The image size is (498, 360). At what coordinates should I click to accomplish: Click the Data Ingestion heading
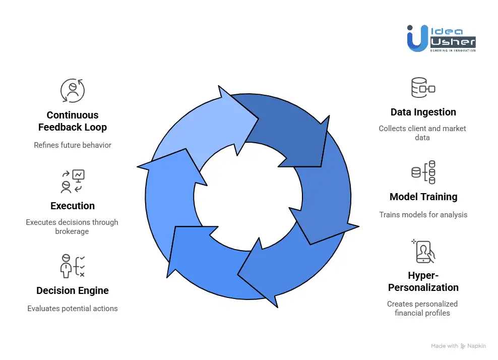[423, 112]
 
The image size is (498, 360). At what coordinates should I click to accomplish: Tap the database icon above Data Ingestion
[423, 88]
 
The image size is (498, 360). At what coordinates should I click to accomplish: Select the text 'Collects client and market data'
[422, 133]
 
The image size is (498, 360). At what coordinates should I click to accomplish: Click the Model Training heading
[423, 197]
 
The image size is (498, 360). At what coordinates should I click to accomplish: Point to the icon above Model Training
[423, 172]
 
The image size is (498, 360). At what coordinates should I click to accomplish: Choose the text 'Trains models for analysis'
[423, 215]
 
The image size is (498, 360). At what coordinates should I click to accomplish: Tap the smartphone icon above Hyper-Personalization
[424, 251]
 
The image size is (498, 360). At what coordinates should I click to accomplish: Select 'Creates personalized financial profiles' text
[422, 308]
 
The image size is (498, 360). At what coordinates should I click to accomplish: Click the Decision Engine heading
[73, 290]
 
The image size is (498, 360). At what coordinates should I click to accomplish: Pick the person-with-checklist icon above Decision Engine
[72, 266]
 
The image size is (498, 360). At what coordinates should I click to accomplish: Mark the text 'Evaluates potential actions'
[73, 308]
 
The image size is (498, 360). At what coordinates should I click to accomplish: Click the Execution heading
[73, 206]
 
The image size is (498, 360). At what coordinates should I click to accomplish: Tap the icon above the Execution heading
[73, 182]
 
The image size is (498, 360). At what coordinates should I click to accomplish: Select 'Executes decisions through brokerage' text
[72, 226]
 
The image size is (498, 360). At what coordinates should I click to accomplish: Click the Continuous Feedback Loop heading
[73, 121]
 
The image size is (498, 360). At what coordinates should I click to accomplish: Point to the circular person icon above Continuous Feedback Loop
[73, 91]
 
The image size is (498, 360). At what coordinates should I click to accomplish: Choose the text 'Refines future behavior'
[73, 145]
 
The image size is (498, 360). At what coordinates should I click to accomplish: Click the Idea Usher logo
[441, 38]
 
